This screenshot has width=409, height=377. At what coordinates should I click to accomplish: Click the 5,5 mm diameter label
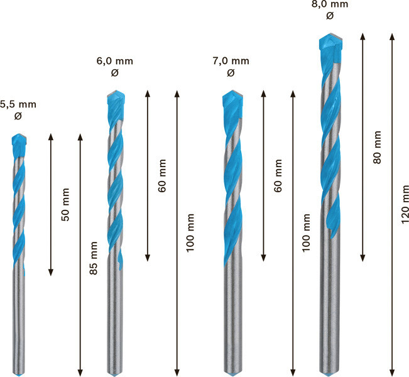(x=18, y=105)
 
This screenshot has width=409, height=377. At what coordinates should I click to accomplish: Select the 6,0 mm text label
(x=115, y=61)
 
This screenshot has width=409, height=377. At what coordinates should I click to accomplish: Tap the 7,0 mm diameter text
(x=231, y=61)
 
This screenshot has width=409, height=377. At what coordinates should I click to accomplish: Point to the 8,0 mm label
(x=330, y=4)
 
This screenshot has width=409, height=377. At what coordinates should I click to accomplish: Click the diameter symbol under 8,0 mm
(x=330, y=16)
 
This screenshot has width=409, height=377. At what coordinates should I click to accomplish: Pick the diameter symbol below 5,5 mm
(x=18, y=116)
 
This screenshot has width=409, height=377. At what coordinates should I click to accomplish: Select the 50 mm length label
(x=66, y=205)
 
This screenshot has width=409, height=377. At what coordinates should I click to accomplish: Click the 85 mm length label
(x=94, y=258)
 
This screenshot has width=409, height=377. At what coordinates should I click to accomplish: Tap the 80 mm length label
(x=377, y=147)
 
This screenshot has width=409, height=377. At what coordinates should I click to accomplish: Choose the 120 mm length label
(x=405, y=204)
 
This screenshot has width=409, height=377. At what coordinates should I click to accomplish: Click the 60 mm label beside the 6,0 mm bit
(x=162, y=175)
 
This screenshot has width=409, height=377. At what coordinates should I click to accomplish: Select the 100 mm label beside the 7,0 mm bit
(x=306, y=232)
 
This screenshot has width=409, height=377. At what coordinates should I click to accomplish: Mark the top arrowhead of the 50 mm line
(x=51, y=136)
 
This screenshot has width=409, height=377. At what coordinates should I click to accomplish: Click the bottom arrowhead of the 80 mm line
(x=363, y=258)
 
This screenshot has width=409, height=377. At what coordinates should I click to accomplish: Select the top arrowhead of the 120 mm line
(x=391, y=36)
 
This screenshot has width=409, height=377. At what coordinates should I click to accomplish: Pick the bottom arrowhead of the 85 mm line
(x=80, y=373)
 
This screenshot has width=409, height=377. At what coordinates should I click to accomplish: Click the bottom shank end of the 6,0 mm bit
(x=115, y=374)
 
